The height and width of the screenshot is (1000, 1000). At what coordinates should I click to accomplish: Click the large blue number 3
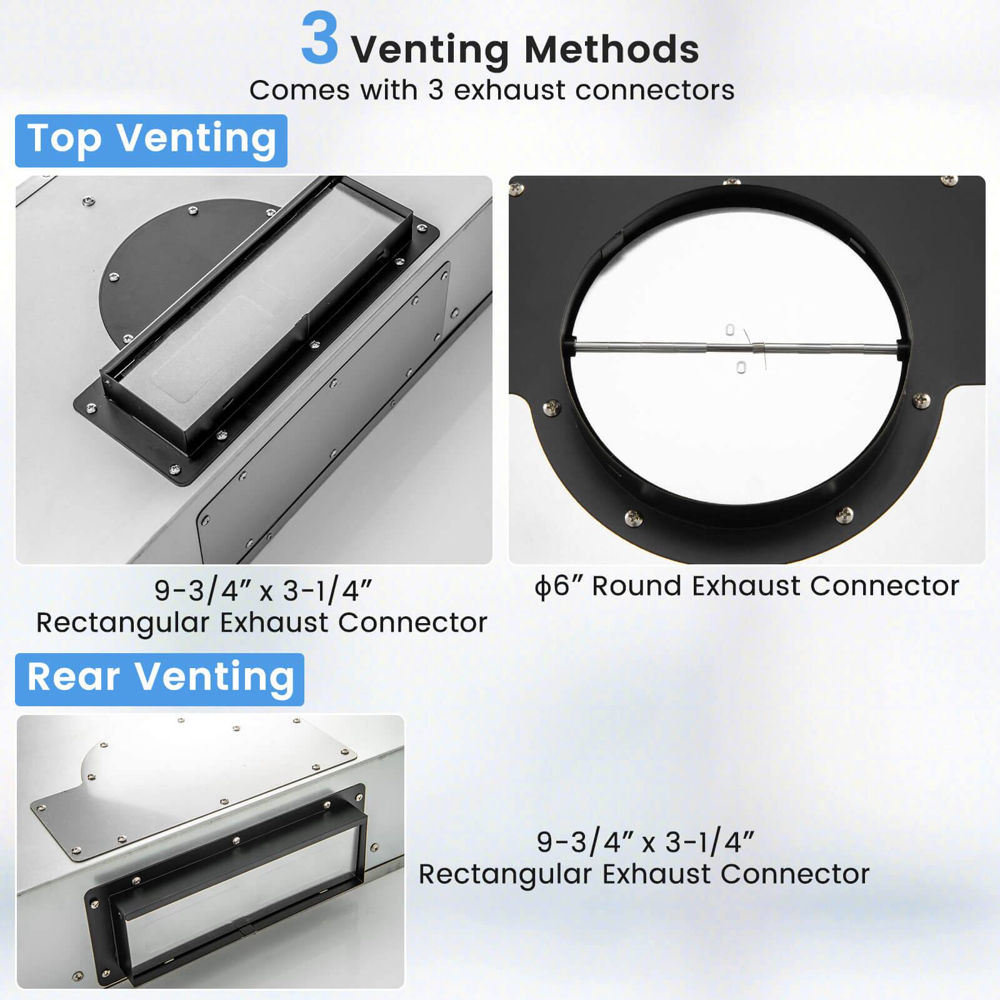[319, 40]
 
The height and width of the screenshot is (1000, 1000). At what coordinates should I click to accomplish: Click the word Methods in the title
[611, 50]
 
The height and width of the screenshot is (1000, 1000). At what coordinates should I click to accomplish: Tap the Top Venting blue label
[151, 140]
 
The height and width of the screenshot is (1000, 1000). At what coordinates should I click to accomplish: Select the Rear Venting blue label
[160, 679]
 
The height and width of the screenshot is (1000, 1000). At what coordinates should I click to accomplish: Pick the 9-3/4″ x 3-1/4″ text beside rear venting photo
[645, 842]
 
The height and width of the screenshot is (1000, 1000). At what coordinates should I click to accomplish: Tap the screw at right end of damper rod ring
[921, 400]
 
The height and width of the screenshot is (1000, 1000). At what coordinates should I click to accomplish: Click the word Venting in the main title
[431, 50]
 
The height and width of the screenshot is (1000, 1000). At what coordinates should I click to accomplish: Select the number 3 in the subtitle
[436, 91]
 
